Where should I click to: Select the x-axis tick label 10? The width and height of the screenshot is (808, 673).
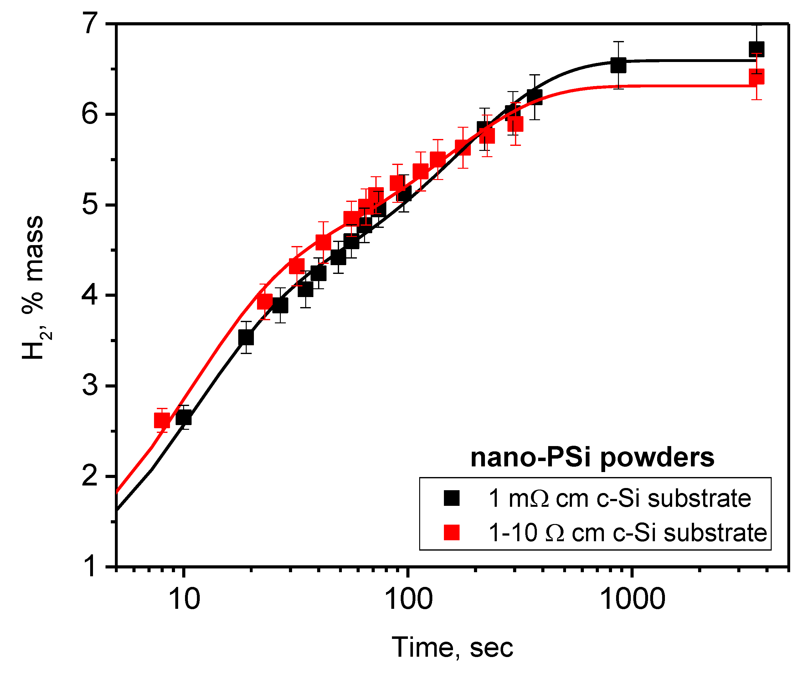184,599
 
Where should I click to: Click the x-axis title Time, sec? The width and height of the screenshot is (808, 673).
452,648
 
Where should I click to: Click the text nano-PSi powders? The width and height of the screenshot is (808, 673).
592,458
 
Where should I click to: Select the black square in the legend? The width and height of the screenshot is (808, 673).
452,498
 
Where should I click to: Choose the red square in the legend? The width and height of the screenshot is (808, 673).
452,532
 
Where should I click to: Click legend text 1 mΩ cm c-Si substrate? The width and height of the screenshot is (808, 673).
620,498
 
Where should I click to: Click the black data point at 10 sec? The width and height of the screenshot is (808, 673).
183,418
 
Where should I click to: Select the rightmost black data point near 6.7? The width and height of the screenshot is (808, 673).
756,49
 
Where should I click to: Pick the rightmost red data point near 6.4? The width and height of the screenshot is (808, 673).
756,77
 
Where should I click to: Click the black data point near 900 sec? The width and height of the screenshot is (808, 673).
618,65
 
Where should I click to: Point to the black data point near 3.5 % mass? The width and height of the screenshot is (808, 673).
246,337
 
